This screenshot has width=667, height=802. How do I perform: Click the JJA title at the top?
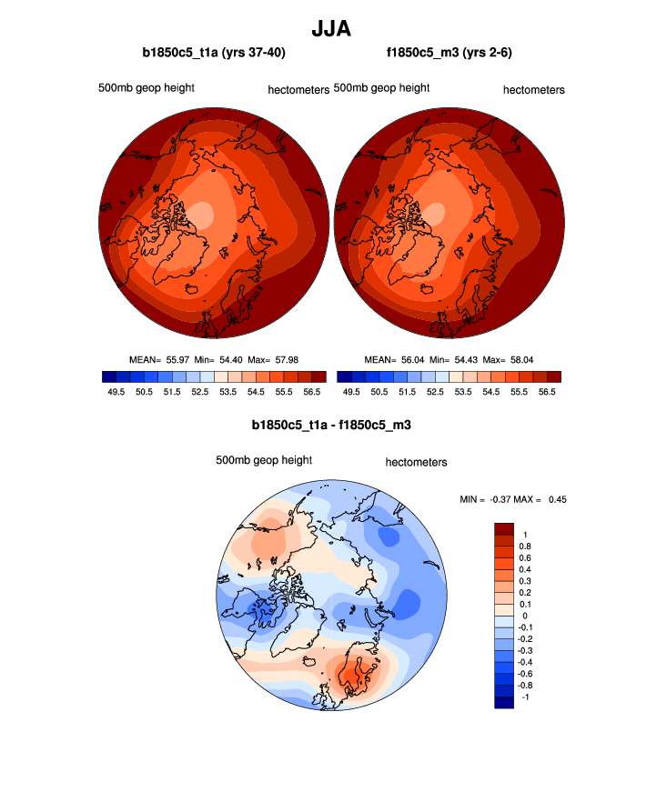[x=332, y=30]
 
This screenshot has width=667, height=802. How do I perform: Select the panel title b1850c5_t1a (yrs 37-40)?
[x=214, y=54]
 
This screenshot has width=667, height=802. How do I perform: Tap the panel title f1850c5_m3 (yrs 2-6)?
[x=450, y=54]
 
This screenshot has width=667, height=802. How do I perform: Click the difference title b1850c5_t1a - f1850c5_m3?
[x=332, y=425]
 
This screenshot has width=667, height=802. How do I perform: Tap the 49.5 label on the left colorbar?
[x=116, y=392]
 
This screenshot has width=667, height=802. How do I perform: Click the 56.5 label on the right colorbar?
[x=546, y=392]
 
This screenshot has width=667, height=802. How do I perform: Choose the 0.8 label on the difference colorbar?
[x=525, y=546]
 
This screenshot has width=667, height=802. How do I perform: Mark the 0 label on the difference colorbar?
[x=522, y=616]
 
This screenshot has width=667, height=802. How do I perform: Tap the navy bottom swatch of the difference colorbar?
[x=504, y=702]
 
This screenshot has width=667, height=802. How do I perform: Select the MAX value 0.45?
[x=556, y=498]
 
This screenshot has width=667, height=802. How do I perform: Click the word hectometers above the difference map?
[x=416, y=462]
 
